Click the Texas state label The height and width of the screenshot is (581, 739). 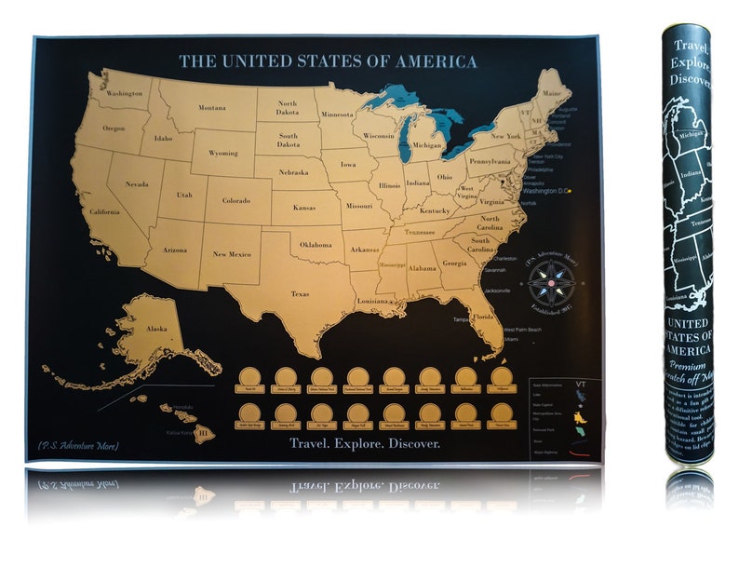click(x=300, y=294)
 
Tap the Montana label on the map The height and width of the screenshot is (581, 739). click(x=211, y=108)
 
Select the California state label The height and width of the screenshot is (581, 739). click(x=104, y=212)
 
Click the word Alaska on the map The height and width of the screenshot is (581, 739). click(x=156, y=329)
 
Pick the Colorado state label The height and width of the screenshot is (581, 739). click(x=235, y=200)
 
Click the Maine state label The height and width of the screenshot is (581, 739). click(x=553, y=94)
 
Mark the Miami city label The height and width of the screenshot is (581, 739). click(x=511, y=340)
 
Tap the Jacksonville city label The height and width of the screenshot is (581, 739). click(x=497, y=290)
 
